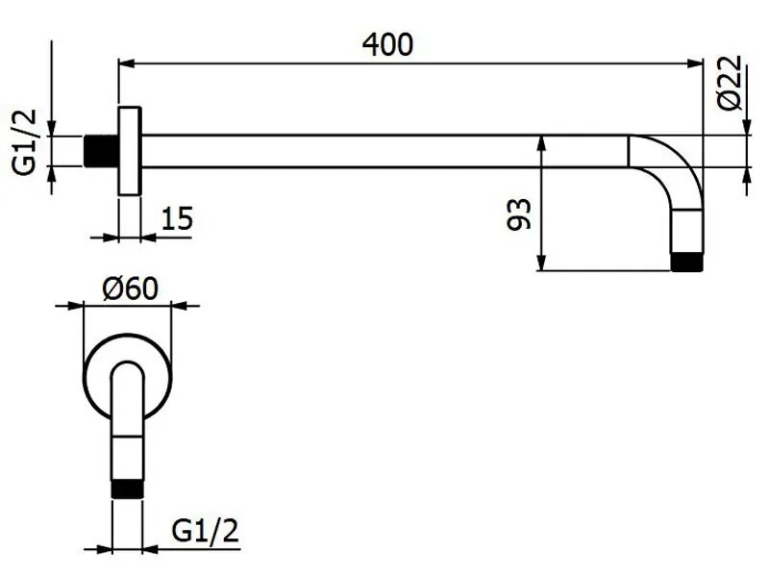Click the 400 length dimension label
click(x=387, y=44)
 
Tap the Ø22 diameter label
click(x=730, y=83)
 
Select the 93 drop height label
click(x=519, y=213)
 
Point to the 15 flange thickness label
click(x=177, y=218)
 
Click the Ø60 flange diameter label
click(x=131, y=288)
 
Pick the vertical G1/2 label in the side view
click(x=25, y=141)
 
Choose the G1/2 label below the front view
click(x=205, y=531)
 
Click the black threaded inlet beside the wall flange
click(x=101, y=151)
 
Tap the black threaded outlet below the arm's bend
click(x=686, y=262)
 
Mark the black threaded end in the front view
click(x=128, y=489)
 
